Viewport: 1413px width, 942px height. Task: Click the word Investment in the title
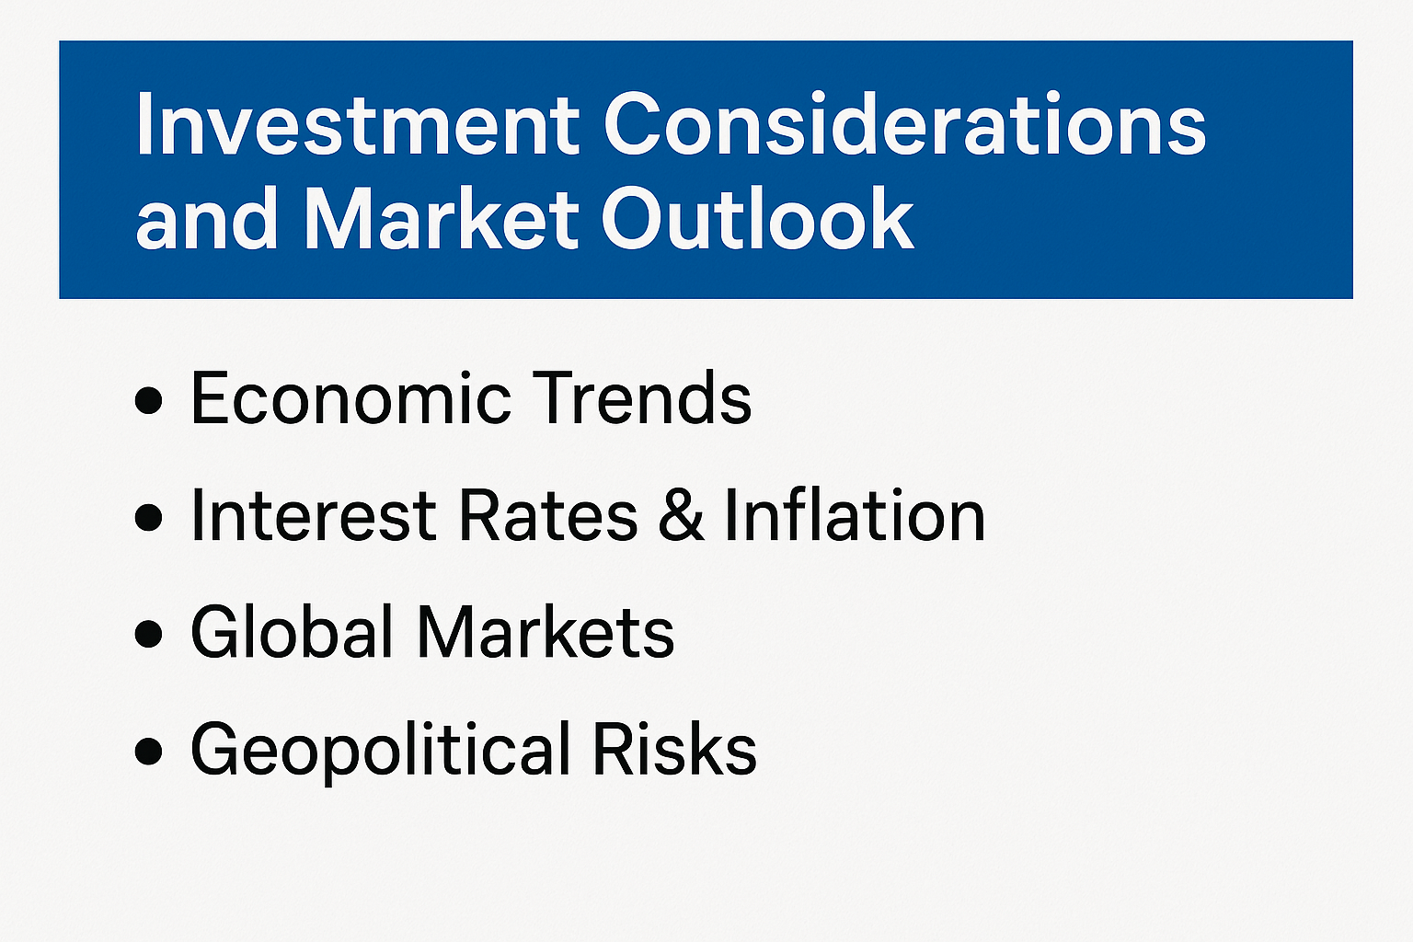357,123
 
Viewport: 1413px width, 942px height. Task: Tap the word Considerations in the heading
905,123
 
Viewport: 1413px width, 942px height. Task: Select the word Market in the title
441,219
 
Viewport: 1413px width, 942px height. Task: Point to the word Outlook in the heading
758,219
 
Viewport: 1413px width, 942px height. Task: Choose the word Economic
350,398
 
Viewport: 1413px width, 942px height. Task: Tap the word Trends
642,398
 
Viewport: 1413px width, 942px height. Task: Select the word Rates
548,515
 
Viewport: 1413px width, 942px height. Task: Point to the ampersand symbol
682,515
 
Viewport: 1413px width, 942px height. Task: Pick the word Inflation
855,515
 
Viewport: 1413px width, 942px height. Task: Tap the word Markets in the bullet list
546,632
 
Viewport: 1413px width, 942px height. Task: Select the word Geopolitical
380,750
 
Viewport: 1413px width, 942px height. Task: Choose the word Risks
674,749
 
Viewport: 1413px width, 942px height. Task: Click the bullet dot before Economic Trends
149,400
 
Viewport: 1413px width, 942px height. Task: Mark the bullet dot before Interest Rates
149,517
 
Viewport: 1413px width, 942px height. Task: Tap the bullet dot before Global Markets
149,634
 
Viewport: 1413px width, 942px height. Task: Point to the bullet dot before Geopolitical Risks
149,752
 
